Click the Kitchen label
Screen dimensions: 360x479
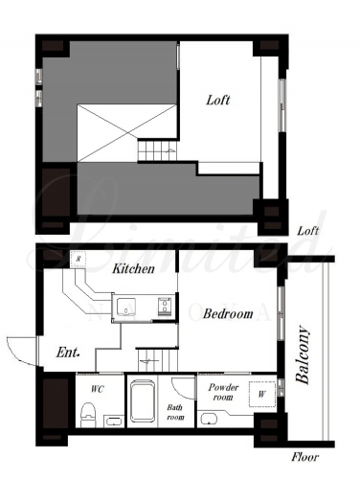(x=133, y=268)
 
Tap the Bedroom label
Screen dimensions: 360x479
(x=228, y=313)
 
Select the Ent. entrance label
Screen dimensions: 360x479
(x=68, y=353)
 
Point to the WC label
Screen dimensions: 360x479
(x=98, y=389)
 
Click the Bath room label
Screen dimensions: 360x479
(x=175, y=412)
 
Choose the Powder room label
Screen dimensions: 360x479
(x=223, y=392)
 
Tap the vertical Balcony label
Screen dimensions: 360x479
(x=303, y=354)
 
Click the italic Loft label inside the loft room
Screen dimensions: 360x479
(x=218, y=100)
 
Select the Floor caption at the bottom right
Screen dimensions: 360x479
(x=304, y=457)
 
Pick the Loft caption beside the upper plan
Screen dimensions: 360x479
(x=308, y=231)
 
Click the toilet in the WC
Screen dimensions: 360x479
(x=88, y=415)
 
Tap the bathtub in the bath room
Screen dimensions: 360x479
(x=143, y=400)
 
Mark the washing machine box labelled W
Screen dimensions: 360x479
(x=262, y=394)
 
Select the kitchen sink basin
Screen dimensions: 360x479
(x=126, y=307)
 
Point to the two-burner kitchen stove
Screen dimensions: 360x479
(x=165, y=307)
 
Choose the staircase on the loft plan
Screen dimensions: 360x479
(x=157, y=150)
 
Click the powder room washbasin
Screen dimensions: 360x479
(x=209, y=419)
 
